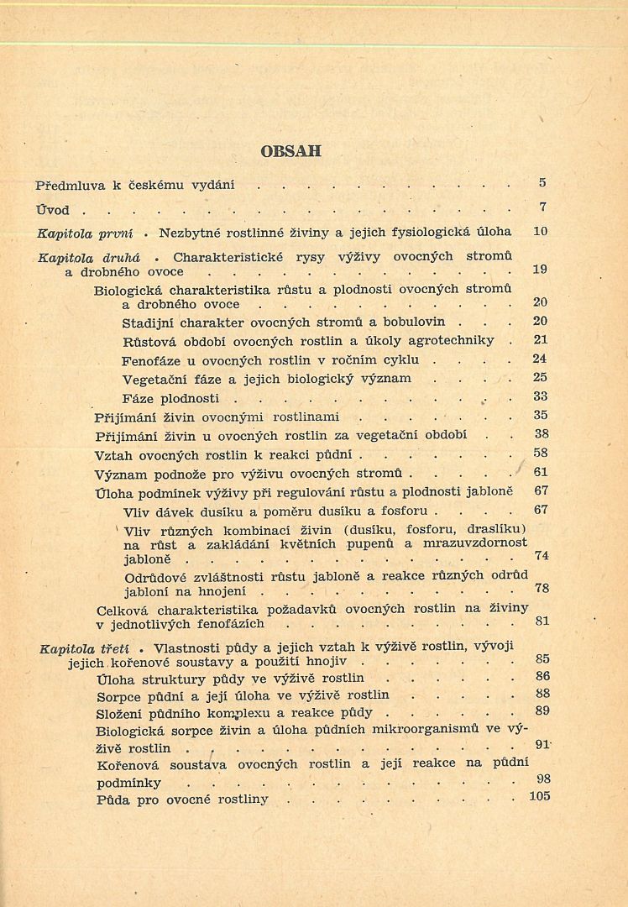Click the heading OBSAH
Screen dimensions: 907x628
290,152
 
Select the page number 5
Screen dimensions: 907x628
542,182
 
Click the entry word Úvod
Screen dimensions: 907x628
51,209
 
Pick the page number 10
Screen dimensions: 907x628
540,230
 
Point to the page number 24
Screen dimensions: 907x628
540,359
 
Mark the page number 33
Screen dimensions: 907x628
540,396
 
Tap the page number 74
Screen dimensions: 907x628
542,556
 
